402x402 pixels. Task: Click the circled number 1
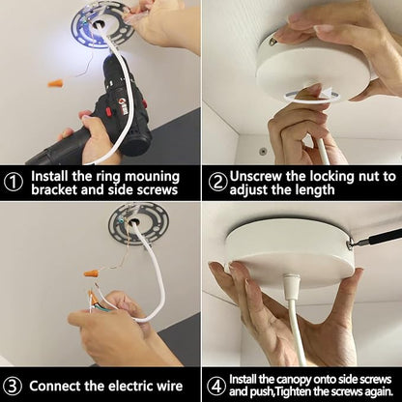pyautogui.click(x=14, y=183)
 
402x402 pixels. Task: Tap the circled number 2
pyautogui.click(x=217, y=183)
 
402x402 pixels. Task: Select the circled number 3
pyautogui.click(x=13, y=386)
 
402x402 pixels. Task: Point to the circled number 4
pyautogui.click(x=216, y=386)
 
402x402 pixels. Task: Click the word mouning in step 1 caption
pyautogui.click(x=152, y=177)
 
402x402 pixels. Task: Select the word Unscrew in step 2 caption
pyautogui.click(x=254, y=176)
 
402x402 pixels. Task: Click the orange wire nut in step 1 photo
pyautogui.click(x=55, y=84)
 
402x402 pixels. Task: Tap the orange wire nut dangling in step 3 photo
pyautogui.click(x=92, y=273)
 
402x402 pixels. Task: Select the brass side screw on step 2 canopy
pyautogui.click(x=273, y=41)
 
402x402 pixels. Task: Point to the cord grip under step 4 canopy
pyautogui.click(x=291, y=285)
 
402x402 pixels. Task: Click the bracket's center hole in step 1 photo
pyautogui.click(x=99, y=23)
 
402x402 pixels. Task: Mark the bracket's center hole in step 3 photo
pyautogui.click(x=134, y=222)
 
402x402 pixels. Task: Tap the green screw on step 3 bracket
pyautogui.click(x=122, y=221)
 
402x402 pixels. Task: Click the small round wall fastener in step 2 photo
pyautogui.click(x=263, y=151)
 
